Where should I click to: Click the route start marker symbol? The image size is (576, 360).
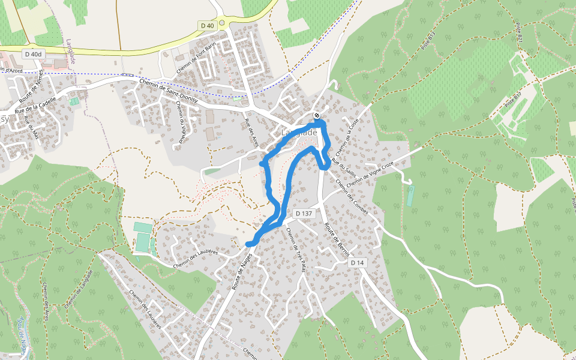[317, 116]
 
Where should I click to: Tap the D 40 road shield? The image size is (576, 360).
[207, 25]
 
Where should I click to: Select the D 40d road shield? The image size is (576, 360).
[34, 54]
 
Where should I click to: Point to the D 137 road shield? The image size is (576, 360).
[304, 214]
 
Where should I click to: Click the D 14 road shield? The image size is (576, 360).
[358, 263]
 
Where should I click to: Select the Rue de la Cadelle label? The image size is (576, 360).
[35, 105]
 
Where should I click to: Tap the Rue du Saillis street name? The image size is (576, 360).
[343, 168]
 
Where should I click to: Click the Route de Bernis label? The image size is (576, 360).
[337, 241]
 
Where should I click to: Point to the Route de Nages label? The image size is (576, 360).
[238, 271]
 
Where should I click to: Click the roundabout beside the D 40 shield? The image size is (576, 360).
[222, 23]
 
